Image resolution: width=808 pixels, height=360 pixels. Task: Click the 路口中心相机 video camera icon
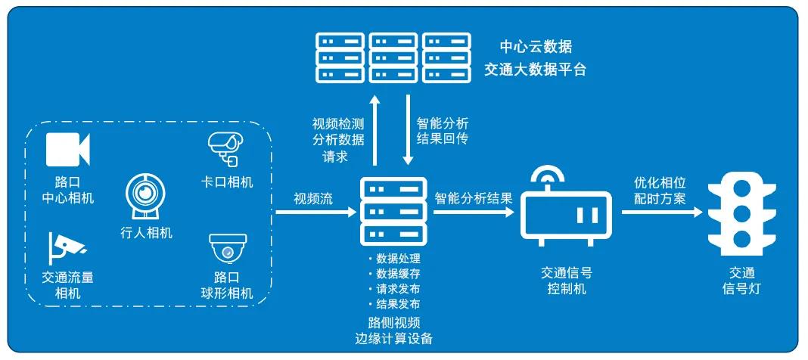tap(68, 148)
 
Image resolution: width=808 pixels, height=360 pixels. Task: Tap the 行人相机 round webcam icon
tap(145, 193)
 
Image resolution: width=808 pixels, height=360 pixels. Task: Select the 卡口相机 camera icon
tap(225, 148)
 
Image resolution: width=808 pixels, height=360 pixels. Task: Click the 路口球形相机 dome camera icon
tap(225, 248)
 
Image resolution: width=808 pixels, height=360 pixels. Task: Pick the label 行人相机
tap(146, 232)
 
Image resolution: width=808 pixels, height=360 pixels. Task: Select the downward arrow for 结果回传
tap(409, 129)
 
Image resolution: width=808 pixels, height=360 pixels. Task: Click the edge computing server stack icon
tap(391, 209)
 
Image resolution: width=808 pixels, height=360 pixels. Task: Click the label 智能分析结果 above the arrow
tap(474, 199)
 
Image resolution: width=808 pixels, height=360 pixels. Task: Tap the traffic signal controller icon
tap(567, 216)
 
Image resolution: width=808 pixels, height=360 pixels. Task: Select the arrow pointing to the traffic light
tap(661, 213)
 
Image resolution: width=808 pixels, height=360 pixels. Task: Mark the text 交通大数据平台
tap(536, 70)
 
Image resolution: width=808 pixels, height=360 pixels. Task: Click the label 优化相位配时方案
tap(660, 191)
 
